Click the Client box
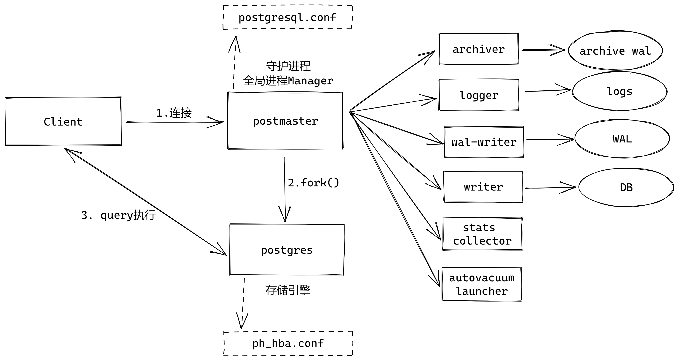pos(63,121)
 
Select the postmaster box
pos(285,121)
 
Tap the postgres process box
pos(287,250)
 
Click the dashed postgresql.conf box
pos(287,17)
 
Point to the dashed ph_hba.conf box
pos(288,343)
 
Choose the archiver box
pos(478,49)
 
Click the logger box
pos(479,95)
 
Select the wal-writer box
pos(484,142)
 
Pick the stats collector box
pos(482,234)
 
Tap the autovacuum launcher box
pos(482,284)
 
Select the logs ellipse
pos(619,91)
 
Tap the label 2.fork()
pos(313,183)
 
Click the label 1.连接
pos(174,113)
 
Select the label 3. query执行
pos(118,215)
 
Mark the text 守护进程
pos(288,66)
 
